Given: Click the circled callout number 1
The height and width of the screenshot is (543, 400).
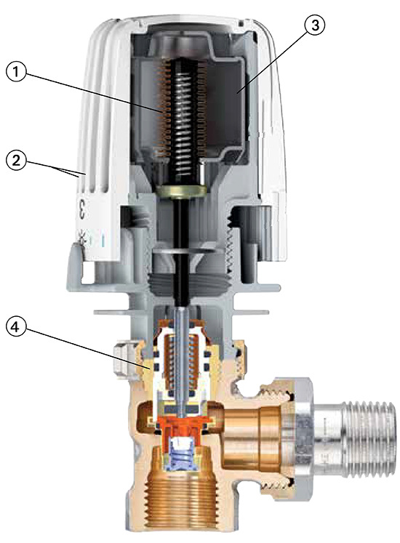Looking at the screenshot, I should coord(17,71).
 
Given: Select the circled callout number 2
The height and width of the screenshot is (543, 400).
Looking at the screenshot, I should coord(17,161).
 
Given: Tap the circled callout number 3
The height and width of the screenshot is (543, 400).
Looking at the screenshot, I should coord(313,26).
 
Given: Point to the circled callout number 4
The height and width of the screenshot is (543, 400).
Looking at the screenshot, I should coord(17,323).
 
